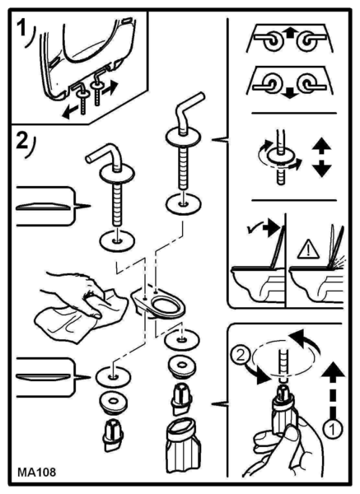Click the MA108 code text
[37, 472]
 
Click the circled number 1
[333, 428]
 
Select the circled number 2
[241, 356]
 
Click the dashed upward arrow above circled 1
[333, 389]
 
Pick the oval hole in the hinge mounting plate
[166, 305]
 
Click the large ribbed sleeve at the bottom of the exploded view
[183, 445]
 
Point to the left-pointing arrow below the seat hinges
[70, 112]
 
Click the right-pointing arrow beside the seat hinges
[110, 87]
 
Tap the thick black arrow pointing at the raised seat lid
[273, 229]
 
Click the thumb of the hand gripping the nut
[292, 434]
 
